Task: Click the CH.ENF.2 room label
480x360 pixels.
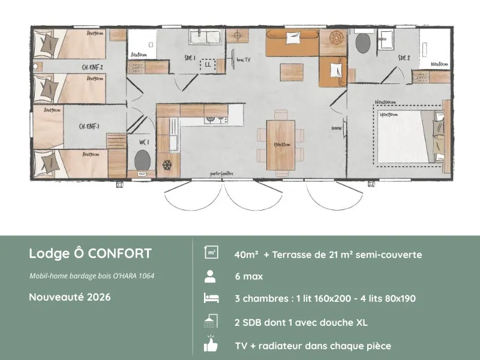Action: pyautogui.click(x=93, y=68)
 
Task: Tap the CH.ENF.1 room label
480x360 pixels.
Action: pyautogui.click(x=89, y=127)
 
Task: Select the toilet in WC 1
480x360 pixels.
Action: pyautogui.click(x=142, y=161)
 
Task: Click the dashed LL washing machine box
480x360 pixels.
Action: pyautogui.click(x=208, y=64)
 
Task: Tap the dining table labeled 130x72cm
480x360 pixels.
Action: pyautogui.click(x=281, y=144)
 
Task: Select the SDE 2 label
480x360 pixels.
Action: pyautogui.click(x=404, y=58)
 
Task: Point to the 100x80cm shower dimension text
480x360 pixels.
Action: pyautogui.click(x=439, y=64)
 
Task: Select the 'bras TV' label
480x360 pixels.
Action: pyautogui.click(x=244, y=60)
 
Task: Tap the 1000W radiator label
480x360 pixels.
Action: pyautogui.click(x=336, y=128)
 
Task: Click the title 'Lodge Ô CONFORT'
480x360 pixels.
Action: pyautogui.click(x=90, y=253)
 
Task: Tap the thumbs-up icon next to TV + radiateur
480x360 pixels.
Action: pyautogui.click(x=211, y=345)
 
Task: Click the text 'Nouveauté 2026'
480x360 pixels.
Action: pyautogui.click(x=70, y=296)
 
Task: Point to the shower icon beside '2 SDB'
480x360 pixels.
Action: pyautogui.click(x=211, y=322)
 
